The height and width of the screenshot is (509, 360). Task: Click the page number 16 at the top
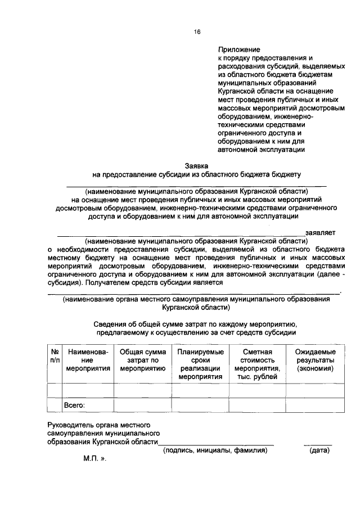point(197,32)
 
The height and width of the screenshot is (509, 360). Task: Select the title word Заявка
point(197,166)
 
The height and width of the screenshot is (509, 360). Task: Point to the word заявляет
point(320,231)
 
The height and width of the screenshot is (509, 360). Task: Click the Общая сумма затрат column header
point(143,360)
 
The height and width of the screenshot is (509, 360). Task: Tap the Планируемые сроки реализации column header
point(200,364)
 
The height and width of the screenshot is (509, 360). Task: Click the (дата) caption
point(319,451)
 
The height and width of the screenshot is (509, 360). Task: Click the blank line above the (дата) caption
point(318,444)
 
